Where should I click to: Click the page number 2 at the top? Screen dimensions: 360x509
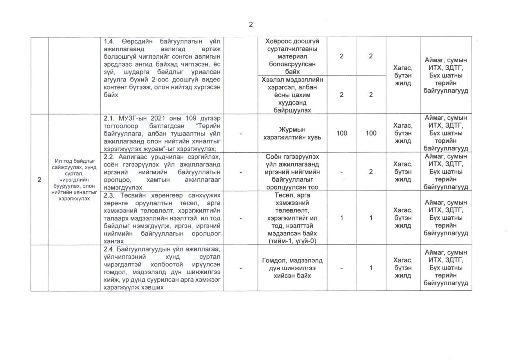pos(251,25)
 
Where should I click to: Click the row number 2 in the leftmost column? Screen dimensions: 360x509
pos(39,180)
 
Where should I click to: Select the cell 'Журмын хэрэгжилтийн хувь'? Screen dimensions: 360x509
pos(292,133)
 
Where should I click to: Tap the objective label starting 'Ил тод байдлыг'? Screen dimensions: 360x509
pos(74,180)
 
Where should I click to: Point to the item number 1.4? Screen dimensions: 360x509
pos(110,41)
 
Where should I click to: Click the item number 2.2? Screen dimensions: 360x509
pos(109,157)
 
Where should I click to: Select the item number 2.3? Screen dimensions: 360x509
pos(109,195)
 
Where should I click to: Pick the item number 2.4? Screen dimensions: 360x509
pos(109,249)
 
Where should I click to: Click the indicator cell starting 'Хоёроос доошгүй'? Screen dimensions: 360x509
pos(292,56)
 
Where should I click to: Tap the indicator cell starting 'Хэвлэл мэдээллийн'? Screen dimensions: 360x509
pos(292,94)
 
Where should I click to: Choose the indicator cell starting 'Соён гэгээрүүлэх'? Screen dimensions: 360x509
pos(292,172)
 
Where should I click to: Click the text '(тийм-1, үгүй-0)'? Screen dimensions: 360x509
pos(292,241)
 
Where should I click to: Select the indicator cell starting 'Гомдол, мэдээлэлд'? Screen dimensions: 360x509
pos(292,268)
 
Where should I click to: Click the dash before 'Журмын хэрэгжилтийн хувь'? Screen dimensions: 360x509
pos(240,134)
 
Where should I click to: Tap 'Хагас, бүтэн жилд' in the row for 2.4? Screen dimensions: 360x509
pos(403,268)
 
